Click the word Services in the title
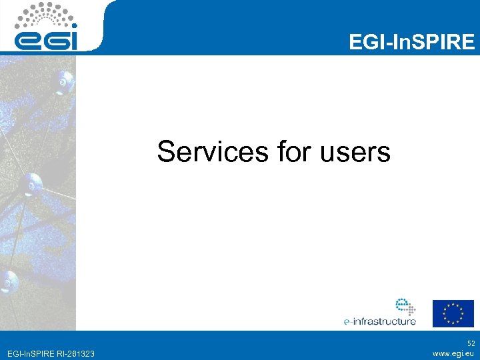coord(212,152)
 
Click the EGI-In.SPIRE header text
coord(411,43)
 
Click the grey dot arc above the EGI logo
coord(46,13)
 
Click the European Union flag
coord(453,313)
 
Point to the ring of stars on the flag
coord(453,313)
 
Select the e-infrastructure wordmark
coord(379,321)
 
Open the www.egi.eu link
coord(453,353)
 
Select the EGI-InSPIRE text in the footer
coord(29,353)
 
